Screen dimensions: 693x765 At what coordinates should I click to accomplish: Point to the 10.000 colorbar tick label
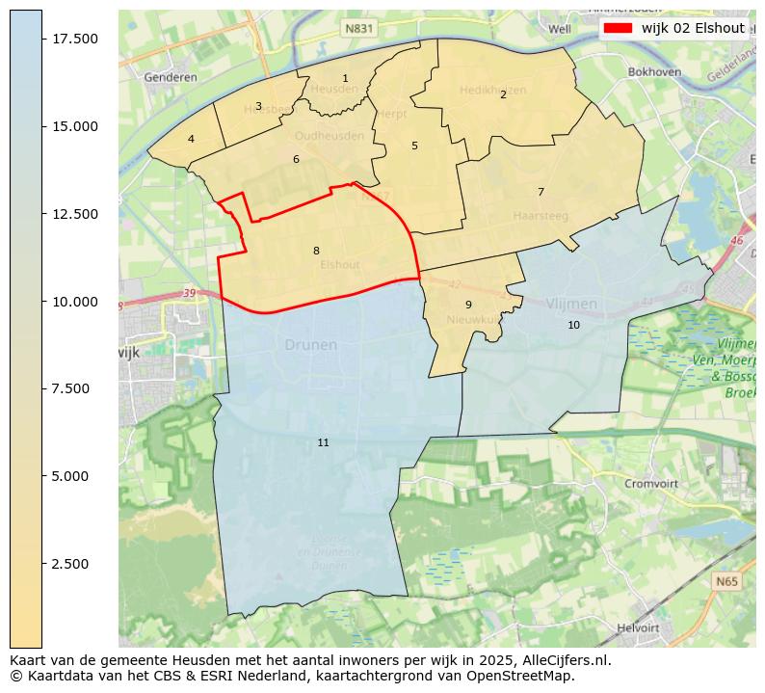click(74, 302)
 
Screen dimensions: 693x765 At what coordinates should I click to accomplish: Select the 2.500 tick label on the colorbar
click(74, 564)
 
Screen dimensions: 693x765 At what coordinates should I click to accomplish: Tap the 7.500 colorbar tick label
click(74, 388)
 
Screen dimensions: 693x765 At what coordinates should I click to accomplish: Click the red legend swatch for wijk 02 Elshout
click(618, 28)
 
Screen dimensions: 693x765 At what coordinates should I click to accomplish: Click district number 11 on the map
click(323, 442)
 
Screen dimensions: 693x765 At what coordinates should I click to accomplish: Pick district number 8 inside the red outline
click(316, 251)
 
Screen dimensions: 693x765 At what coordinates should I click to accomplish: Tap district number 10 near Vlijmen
click(573, 325)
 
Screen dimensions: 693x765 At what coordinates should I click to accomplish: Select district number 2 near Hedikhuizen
click(503, 94)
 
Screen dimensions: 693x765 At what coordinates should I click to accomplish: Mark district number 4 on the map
click(191, 139)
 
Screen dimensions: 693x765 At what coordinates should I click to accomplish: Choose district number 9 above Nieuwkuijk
click(468, 305)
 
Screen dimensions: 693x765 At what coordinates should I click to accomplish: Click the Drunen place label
click(311, 344)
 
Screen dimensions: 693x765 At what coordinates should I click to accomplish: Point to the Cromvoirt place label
click(651, 484)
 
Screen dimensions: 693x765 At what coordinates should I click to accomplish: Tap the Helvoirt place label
click(638, 627)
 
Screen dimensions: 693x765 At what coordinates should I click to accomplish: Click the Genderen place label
click(170, 77)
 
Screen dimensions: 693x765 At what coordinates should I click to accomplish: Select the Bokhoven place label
click(654, 71)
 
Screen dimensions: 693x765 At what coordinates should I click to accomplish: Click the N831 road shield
click(358, 30)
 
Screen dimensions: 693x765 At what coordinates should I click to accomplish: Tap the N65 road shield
click(727, 582)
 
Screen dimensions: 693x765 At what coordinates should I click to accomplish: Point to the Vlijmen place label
click(571, 304)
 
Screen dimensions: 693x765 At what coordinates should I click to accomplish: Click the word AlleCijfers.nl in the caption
click(563, 661)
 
